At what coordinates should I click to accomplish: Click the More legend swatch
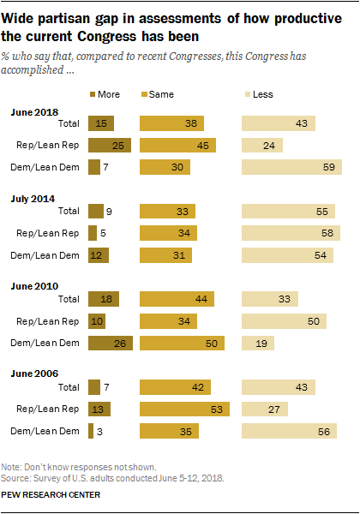[95, 93]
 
